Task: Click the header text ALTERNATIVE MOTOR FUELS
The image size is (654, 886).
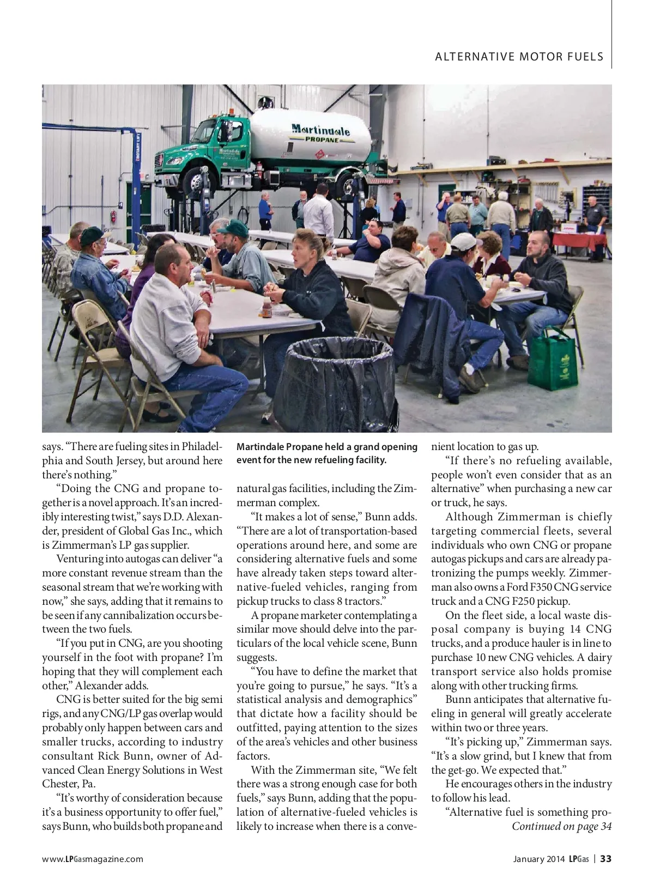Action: [519, 57]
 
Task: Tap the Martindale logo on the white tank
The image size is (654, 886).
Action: [320, 130]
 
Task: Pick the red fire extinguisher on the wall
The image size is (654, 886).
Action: [113, 216]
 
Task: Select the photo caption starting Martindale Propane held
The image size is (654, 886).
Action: [327, 453]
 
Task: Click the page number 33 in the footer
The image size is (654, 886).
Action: [605, 859]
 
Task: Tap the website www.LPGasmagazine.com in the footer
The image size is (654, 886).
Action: [93, 859]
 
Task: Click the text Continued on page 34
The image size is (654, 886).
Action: [561, 827]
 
